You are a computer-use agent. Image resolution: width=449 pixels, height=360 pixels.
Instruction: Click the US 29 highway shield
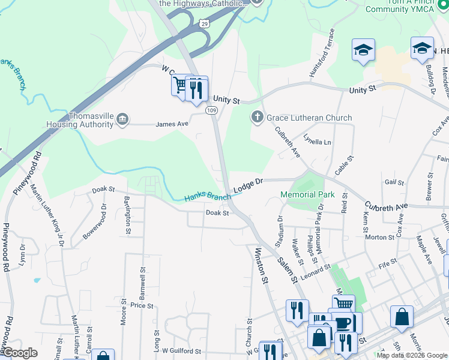(205, 22)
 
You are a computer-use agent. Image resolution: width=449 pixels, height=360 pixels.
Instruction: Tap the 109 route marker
(211, 110)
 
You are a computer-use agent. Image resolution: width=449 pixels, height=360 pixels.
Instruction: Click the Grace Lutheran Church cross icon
(258, 117)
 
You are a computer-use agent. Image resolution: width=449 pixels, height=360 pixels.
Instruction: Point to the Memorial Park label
(308, 195)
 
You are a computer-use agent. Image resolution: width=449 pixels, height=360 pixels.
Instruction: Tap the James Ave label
(172, 124)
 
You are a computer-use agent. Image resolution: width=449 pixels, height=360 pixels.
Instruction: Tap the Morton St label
(379, 237)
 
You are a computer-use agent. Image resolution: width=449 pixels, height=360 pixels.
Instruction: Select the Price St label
(142, 305)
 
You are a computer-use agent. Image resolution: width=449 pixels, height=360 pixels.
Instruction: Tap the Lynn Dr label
(22, 254)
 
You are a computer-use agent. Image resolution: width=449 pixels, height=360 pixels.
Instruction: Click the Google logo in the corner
(20, 353)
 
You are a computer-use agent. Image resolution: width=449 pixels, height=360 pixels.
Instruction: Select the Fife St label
(388, 262)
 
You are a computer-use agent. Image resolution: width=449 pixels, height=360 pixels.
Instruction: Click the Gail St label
(394, 182)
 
